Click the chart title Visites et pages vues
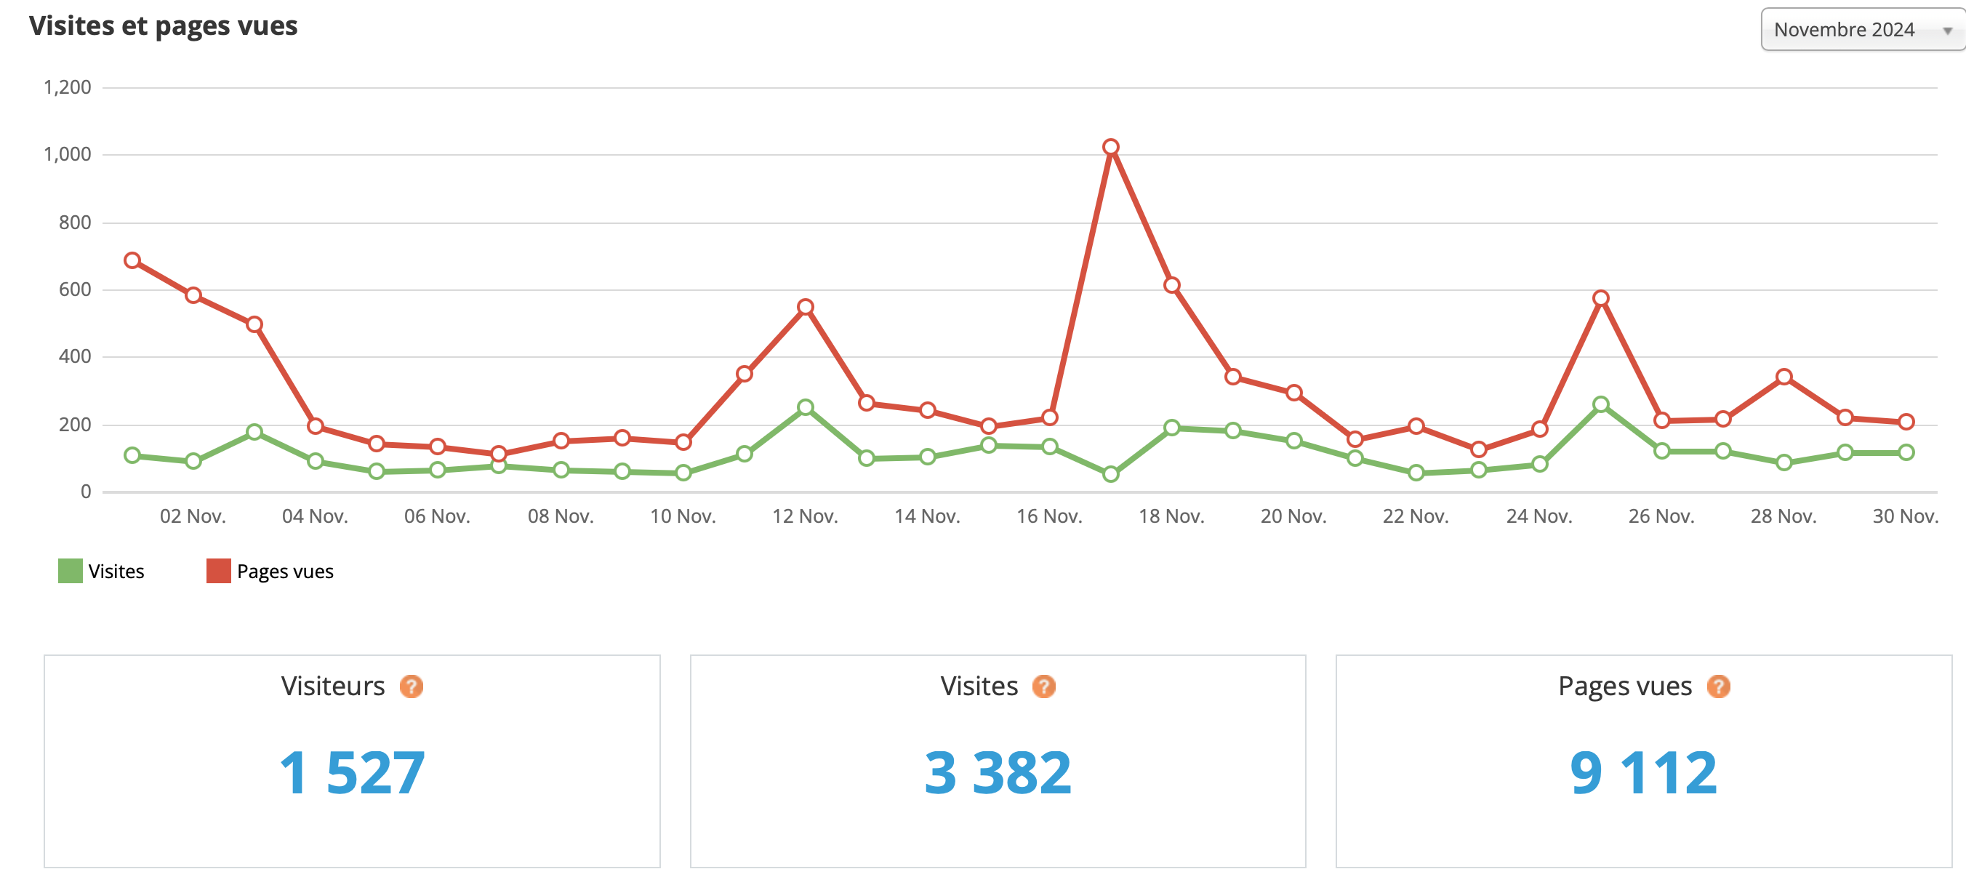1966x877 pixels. tap(164, 26)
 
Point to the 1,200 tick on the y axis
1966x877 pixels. tap(67, 88)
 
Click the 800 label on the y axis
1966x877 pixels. tap(74, 222)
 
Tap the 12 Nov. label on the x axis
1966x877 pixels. tap(804, 517)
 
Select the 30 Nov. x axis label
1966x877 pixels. tap(1905, 517)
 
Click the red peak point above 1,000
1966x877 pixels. tap(1110, 148)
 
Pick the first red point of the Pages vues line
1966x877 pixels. tap(132, 261)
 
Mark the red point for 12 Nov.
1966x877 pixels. tap(805, 308)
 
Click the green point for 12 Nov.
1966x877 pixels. tap(805, 407)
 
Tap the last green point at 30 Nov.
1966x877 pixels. tap(1906, 452)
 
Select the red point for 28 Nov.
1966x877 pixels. tap(1784, 377)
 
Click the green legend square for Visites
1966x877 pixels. tap(71, 571)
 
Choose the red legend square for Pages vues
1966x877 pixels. tap(218, 571)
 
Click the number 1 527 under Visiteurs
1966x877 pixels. tap(352, 772)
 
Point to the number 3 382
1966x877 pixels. tap(998, 772)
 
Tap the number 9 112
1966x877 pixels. tap(1643, 772)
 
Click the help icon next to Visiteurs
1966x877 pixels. tap(412, 686)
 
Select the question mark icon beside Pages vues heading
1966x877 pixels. tap(1718, 686)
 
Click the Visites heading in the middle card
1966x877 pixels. tap(979, 686)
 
